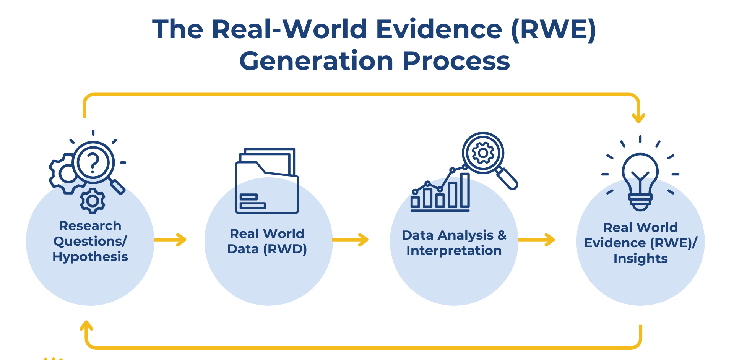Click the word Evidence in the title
tap(439, 29)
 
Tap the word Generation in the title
tap(316, 61)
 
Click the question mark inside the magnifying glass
tap(93, 162)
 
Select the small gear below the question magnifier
tap(93, 201)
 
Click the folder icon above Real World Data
tap(266, 182)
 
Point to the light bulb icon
tap(640, 180)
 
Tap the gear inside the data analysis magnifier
tap(483, 153)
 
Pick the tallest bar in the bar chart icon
tap(465, 190)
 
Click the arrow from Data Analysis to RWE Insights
tap(537, 240)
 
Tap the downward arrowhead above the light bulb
tap(638, 118)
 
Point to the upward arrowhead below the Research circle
tap(86, 326)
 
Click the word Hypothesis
tap(90, 257)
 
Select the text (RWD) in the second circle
tap(285, 249)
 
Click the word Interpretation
tap(454, 251)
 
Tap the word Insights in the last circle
tap(640, 259)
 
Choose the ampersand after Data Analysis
tap(502, 235)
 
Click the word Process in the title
tap(456, 61)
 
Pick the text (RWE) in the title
tap(553, 29)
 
